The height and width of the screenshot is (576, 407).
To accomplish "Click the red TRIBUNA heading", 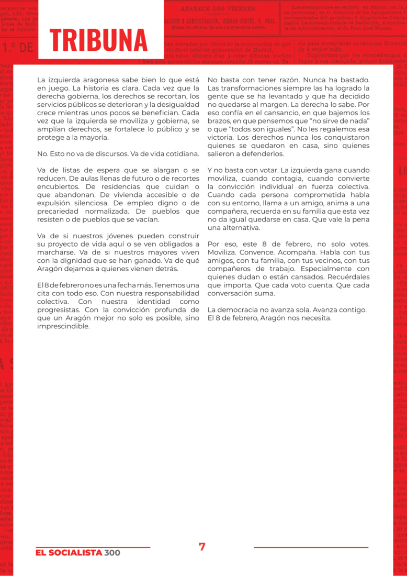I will pos(99,40).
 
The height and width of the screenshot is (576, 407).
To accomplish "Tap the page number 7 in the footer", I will pos(202,547).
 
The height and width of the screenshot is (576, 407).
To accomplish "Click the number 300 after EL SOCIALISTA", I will pos(112,553).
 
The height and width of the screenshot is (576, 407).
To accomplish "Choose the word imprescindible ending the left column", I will pos(63,326).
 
